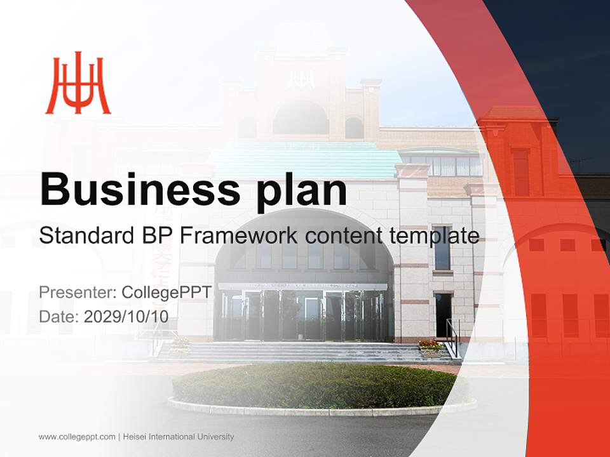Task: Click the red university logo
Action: (78, 83)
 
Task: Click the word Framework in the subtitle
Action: (237, 236)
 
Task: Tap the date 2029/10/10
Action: (126, 316)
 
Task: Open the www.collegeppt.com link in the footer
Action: (77, 437)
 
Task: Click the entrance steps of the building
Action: (299, 352)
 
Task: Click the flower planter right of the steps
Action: (430, 347)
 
